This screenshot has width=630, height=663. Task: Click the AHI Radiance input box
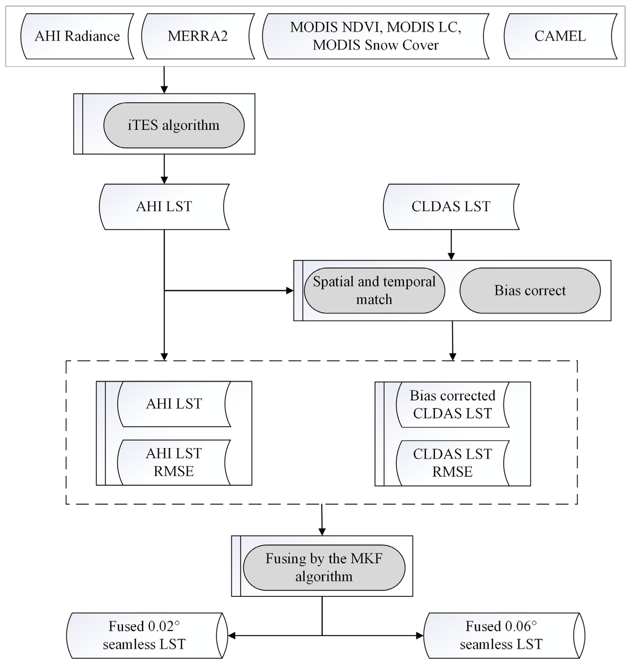click(x=77, y=36)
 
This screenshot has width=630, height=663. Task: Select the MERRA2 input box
click(x=198, y=36)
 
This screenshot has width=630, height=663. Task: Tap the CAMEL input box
click(x=560, y=36)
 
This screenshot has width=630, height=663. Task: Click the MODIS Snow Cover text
click(x=375, y=45)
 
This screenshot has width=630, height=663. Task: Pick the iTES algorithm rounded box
click(x=174, y=125)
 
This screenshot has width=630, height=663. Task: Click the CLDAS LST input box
click(x=451, y=207)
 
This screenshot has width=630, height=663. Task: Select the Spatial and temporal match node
click(x=374, y=290)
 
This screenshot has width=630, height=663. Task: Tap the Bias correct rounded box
click(x=530, y=290)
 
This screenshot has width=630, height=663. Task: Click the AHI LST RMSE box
click(x=174, y=462)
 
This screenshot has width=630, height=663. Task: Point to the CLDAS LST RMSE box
click(x=452, y=463)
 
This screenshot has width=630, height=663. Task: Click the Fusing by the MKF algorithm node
click(x=324, y=568)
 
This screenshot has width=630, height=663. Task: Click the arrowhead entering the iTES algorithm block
click(x=164, y=89)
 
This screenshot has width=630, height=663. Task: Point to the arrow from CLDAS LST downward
click(x=451, y=245)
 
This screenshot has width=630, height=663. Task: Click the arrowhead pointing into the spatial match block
click(x=290, y=290)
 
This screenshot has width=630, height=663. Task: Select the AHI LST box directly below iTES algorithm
click(x=164, y=207)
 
